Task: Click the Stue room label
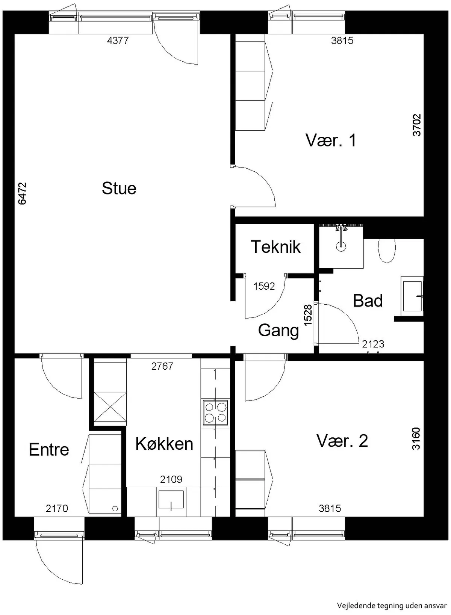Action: point(119,188)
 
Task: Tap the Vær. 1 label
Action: point(331,140)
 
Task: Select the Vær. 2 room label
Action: point(342,441)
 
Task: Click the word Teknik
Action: point(275,246)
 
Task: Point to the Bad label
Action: point(368,301)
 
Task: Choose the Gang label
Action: point(278,331)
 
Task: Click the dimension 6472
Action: point(22,193)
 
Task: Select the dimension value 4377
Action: point(118,41)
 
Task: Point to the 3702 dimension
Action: point(417,125)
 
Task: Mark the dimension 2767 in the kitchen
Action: point(162,366)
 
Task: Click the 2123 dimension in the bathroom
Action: point(373,344)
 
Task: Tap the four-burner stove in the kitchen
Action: point(215,413)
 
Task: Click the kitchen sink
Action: point(171,499)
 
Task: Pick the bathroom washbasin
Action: point(412,296)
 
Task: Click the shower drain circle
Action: point(341,246)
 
